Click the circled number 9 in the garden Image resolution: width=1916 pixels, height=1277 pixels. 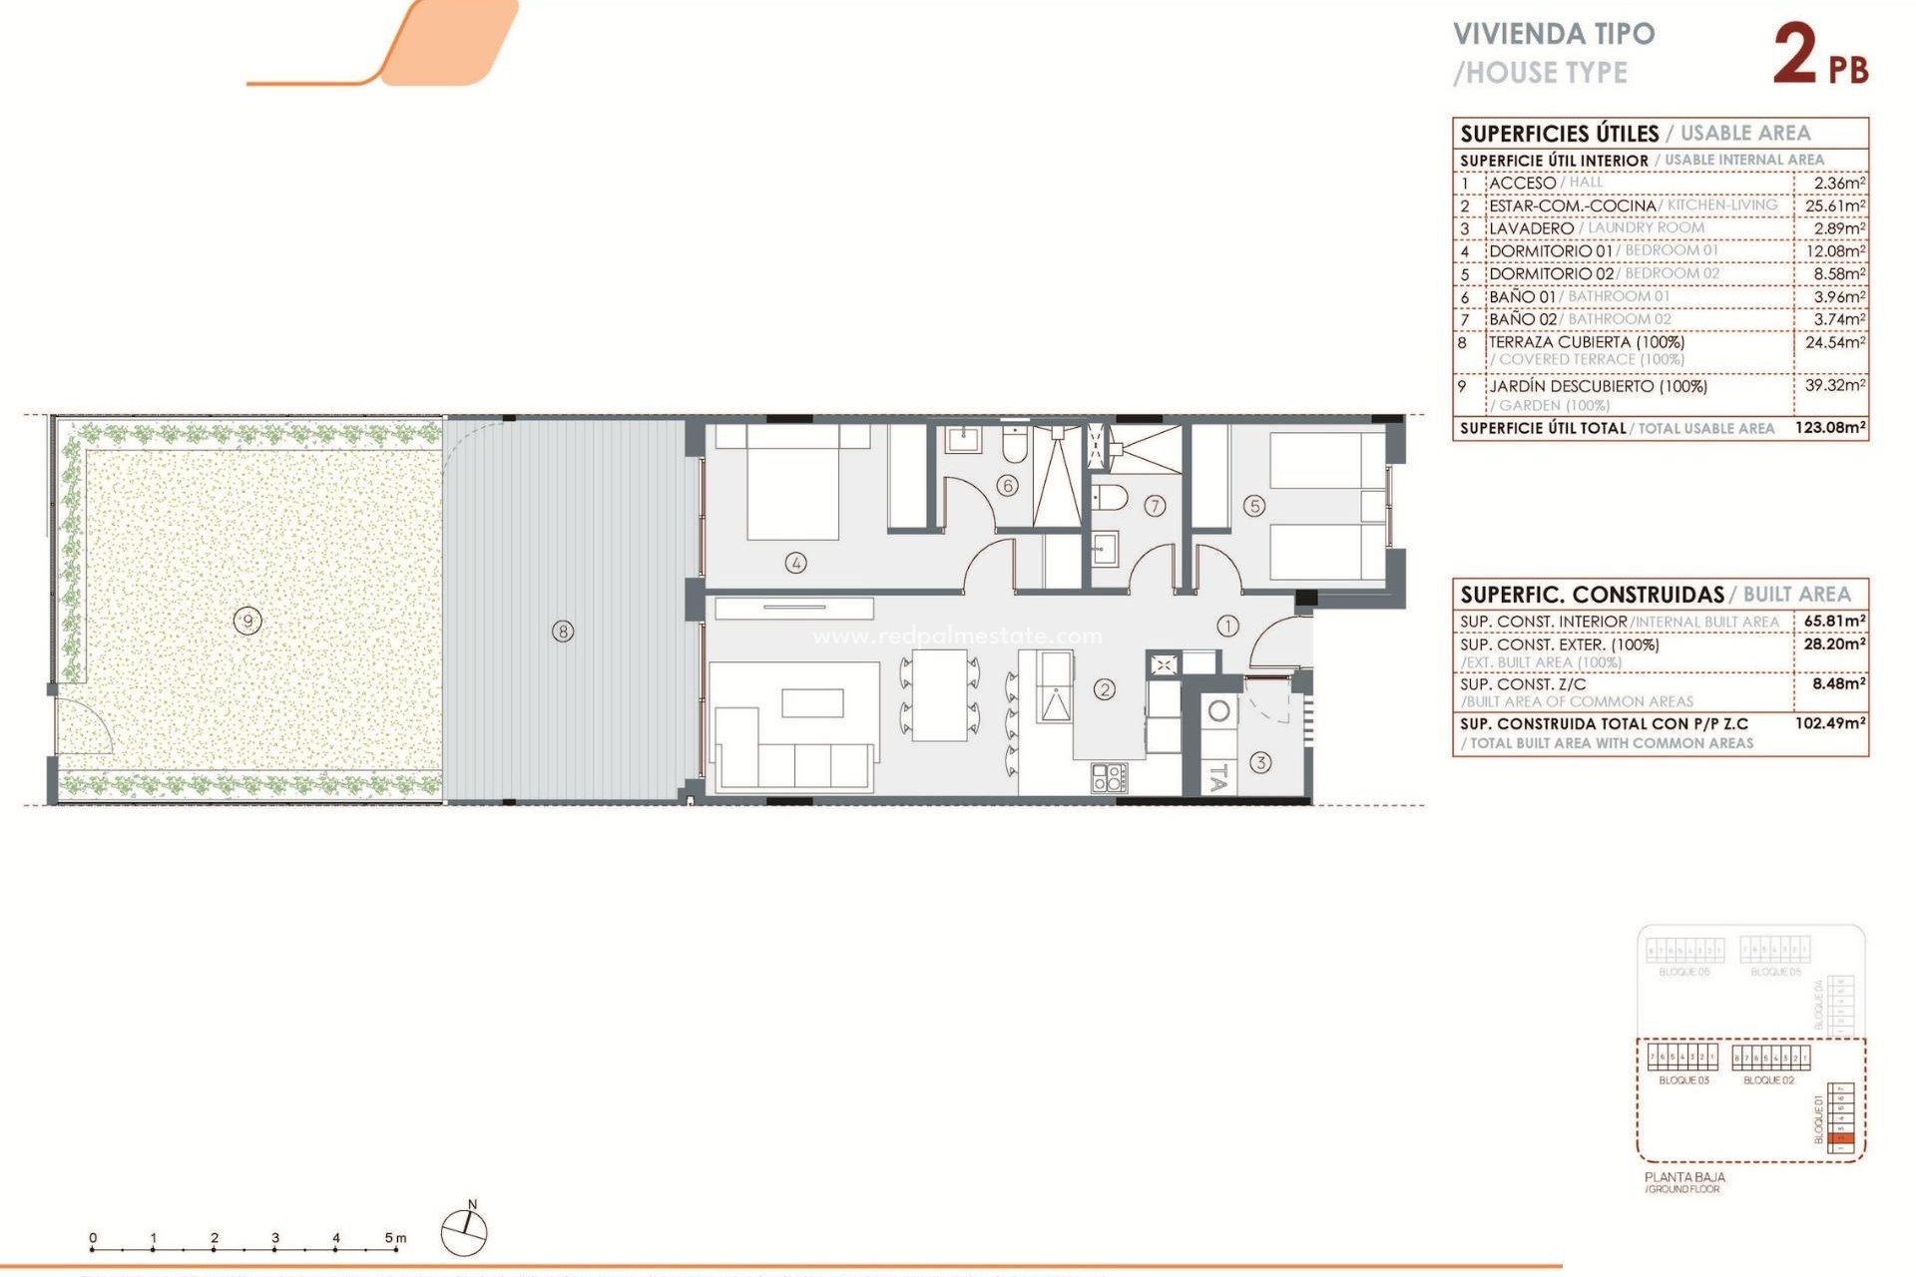(x=247, y=622)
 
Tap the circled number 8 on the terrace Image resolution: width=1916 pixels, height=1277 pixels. (x=563, y=632)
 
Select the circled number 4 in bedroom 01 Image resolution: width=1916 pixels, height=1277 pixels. (x=795, y=563)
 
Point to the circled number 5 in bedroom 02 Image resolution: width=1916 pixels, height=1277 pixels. (x=1254, y=507)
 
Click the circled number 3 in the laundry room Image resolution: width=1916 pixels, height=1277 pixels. (x=1260, y=762)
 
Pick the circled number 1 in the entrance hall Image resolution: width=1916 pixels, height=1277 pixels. (x=1227, y=626)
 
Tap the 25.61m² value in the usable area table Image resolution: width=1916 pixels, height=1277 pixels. (x=1834, y=206)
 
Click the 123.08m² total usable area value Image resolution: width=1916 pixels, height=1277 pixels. (x=1830, y=427)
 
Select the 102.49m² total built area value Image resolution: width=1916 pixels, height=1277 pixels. (x=1830, y=722)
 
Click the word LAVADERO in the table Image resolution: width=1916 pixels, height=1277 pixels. (x=1531, y=228)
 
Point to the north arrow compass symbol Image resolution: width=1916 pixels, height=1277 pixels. (x=465, y=1230)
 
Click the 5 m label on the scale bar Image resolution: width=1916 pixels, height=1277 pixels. (x=395, y=1238)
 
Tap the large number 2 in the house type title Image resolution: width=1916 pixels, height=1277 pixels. (x=1795, y=55)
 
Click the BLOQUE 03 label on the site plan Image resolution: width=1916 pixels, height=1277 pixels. (x=1683, y=1080)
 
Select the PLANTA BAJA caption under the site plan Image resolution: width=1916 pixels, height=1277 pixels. (x=1684, y=1177)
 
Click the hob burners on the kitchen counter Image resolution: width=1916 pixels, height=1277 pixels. (x=1109, y=777)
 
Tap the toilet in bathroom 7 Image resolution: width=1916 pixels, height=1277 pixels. (x=1111, y=497)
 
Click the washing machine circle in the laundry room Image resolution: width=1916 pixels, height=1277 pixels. (x=1218, y=711)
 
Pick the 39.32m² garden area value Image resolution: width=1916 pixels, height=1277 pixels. (x=1834, y=385)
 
